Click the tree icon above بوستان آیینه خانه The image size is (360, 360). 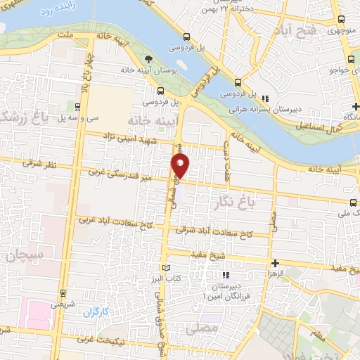pyautogui.click(x=148, y=59)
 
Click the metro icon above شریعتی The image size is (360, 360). pyautogui.click(x=63, y=293)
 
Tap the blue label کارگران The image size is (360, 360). pyautogui.click(x=96, y=310)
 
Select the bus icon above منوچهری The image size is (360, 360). pyautogui.click(x=340, y=20)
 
